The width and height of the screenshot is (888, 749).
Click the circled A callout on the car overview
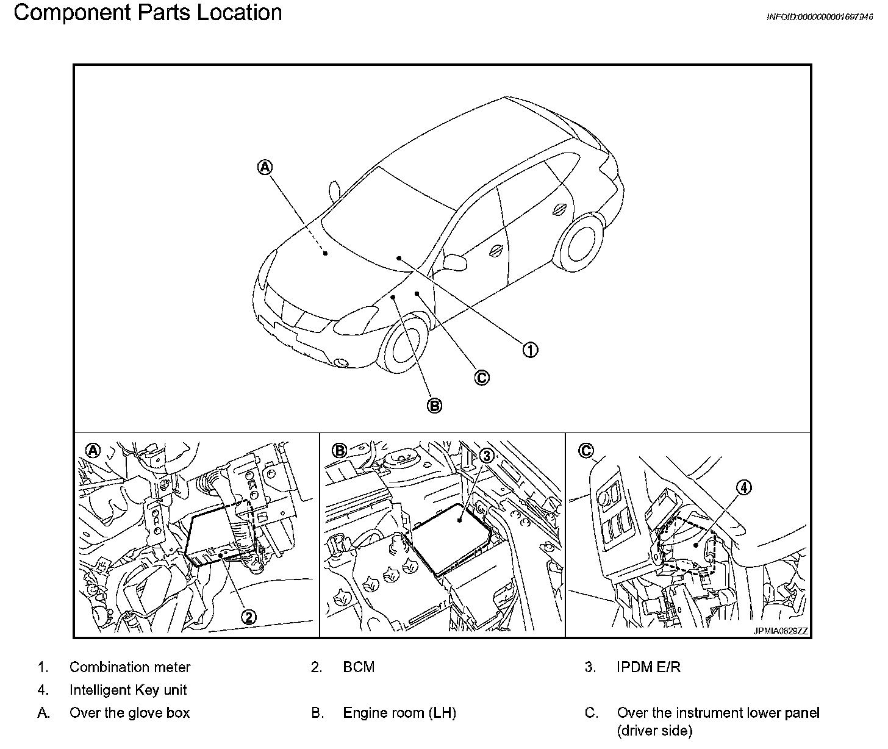coord(265,167)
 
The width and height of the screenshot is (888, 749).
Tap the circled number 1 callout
coord(530,349)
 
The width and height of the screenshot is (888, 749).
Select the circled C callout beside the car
coord(482,378)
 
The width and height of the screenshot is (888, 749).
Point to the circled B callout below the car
coord(434,405)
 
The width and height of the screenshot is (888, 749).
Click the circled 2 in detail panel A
coord(249,617)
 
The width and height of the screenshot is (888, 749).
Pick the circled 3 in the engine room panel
coord(486,456)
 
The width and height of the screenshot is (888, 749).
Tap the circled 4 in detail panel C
coord(743,487)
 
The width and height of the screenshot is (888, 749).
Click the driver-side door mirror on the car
coord(454,262)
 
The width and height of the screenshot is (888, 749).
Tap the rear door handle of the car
coord(559,209)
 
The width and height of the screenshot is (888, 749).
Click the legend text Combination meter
coord(130,667)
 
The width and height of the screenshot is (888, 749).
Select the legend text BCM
coord(359,667)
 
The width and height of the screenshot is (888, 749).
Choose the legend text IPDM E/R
coord(648,667)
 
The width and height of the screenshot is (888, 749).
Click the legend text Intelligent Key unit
coord(128,690)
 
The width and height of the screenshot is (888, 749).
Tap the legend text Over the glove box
coord(129,713)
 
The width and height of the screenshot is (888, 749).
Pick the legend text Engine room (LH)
coord(399,713)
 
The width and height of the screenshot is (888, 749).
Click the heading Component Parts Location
coord(148,12)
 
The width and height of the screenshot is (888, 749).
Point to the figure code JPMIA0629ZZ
coord(780,631)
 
